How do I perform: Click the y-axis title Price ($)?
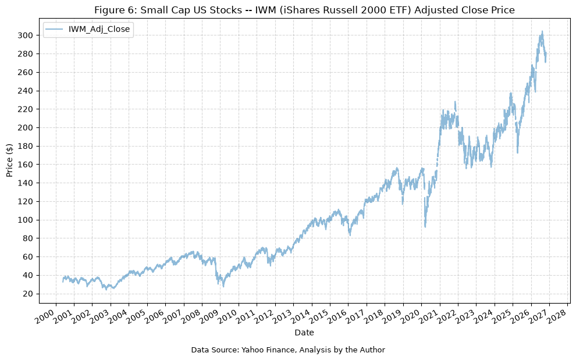(x=9, y=161)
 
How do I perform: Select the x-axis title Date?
(x=304, y=333)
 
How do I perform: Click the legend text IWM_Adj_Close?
(x=99, y=30)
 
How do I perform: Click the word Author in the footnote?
(x=373, y=350)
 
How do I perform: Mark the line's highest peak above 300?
(x=542, y=31)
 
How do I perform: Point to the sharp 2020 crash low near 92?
(x=425, y=227)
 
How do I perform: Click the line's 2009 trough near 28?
(x=223, y=286)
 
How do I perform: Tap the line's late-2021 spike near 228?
(x=456, y=102)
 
